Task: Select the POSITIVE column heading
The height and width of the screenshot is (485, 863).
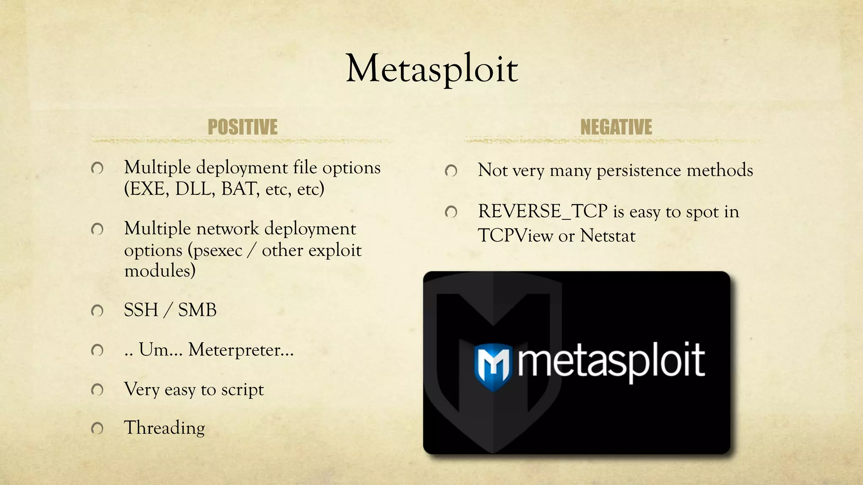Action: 242,127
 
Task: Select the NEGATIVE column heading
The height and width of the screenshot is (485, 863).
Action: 616,127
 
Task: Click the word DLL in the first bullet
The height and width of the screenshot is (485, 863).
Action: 195,189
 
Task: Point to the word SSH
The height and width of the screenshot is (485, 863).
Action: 141,310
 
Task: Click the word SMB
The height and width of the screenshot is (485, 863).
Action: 197,310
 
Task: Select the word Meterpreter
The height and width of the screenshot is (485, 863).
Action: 241,350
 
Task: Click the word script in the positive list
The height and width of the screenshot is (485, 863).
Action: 242,389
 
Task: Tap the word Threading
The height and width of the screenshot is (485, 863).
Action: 164,428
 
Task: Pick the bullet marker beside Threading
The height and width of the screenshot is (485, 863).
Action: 97,429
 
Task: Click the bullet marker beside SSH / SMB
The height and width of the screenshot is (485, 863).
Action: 97,311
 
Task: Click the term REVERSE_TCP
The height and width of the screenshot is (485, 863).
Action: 543,211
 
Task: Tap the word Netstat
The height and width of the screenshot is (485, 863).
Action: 607,236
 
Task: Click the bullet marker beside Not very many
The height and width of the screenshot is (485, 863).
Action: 451,171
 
